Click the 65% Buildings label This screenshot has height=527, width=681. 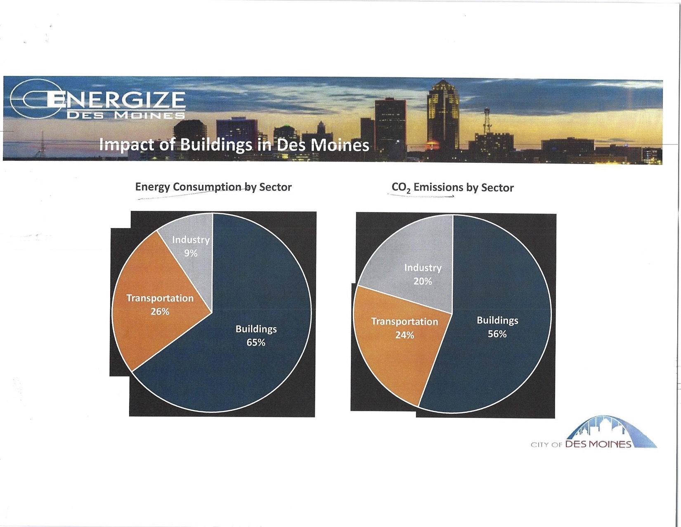(256, 336)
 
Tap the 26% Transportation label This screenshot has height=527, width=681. (160, 305)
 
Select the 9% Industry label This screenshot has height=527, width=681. (191, 246)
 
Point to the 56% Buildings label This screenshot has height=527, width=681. (497, 327)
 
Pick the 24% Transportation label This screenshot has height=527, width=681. (404, 328)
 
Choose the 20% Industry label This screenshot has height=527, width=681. (423, 274)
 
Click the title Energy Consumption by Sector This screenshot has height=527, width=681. (213, 187)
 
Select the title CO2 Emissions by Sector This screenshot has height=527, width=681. (452, 188)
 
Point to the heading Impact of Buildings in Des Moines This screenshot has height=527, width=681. (234, 145)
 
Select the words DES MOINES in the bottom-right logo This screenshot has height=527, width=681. (598, 444)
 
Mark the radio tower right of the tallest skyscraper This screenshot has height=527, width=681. (486, 121)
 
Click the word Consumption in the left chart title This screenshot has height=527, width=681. (207, 187)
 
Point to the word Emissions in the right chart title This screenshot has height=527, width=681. (438, 187)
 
